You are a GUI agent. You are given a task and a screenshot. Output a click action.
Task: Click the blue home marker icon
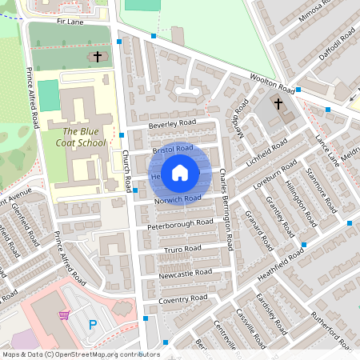pyautogui.click(x=180, y=172)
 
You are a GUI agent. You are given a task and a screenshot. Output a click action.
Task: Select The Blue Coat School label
pyautogui.click(x=83, y=137)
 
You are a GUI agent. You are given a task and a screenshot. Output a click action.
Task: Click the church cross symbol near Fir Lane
pyautogui.click(x=98, y=57)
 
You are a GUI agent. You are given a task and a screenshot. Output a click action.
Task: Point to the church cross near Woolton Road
pyautogui.click(x=278, y=104)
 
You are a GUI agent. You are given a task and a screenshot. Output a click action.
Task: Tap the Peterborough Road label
pyautogui.click(x=180, y=223)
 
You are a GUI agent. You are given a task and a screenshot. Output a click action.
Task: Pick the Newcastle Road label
pyautogui.click(x=186, y=273)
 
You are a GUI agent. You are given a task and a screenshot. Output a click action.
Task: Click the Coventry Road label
pyautogui.click(x=182, y=298)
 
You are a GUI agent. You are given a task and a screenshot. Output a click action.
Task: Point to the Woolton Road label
pyautogui.click(x=270, y=83)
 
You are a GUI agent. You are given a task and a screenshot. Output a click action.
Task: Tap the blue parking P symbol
pyautogui.click(x=92, y=325)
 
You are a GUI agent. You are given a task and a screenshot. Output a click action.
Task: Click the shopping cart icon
pyautogui.click(x=64, y=315)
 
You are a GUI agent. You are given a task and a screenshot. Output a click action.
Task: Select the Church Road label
pyautogui.click(x=126, y=173)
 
